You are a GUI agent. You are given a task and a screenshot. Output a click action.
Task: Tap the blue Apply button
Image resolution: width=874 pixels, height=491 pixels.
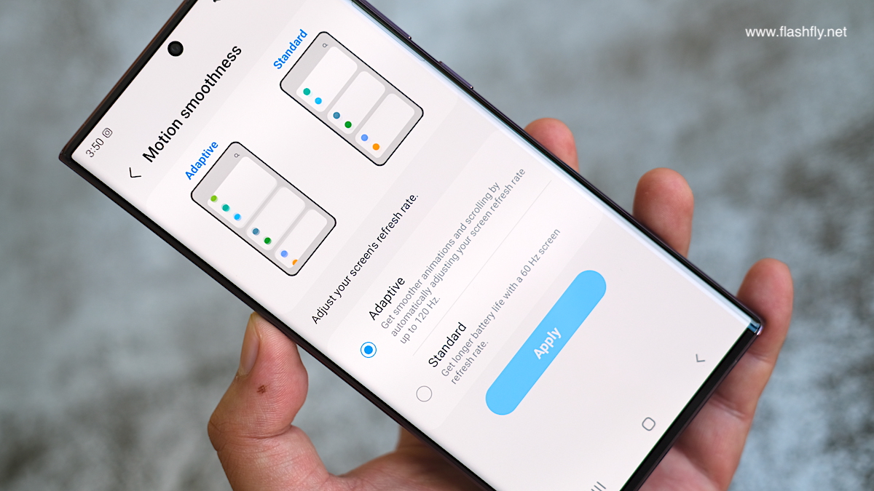point(546,343)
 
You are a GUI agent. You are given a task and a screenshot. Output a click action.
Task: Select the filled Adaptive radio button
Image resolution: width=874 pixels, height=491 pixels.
point(369,350)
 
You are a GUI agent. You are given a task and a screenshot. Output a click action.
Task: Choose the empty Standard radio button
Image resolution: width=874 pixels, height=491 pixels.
point(424,394)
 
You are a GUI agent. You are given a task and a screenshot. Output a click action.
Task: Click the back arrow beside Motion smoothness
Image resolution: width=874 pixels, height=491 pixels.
point(135,173)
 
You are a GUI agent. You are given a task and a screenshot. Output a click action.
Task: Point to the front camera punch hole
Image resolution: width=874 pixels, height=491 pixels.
point(176,49)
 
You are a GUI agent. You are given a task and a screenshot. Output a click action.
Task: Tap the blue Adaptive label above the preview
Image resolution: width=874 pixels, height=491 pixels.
point(201,161)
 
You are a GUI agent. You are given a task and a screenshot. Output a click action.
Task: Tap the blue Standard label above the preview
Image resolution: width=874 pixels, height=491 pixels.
point(291,49)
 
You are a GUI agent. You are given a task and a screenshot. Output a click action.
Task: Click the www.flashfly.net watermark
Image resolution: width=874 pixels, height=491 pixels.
point(795,32)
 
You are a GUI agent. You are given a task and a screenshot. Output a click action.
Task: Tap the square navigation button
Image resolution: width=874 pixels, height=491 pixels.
point(648,424)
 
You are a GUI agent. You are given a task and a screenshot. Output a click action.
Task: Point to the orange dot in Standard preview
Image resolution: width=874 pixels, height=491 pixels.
point(376,147)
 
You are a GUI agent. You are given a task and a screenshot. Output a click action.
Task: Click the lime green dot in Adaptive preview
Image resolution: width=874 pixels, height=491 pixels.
point(214,199)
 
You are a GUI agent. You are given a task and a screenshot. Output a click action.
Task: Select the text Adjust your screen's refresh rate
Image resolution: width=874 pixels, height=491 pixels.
point(365,258)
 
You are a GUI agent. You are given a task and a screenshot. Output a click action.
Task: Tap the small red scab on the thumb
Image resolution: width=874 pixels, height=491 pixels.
point(261,388)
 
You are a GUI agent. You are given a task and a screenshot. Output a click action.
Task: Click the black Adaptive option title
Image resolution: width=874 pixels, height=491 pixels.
point(386,298)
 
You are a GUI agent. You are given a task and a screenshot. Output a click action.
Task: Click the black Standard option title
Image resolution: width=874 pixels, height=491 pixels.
point(447,345)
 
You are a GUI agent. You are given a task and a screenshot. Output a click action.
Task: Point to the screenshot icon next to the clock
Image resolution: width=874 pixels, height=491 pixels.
point(108,132)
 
